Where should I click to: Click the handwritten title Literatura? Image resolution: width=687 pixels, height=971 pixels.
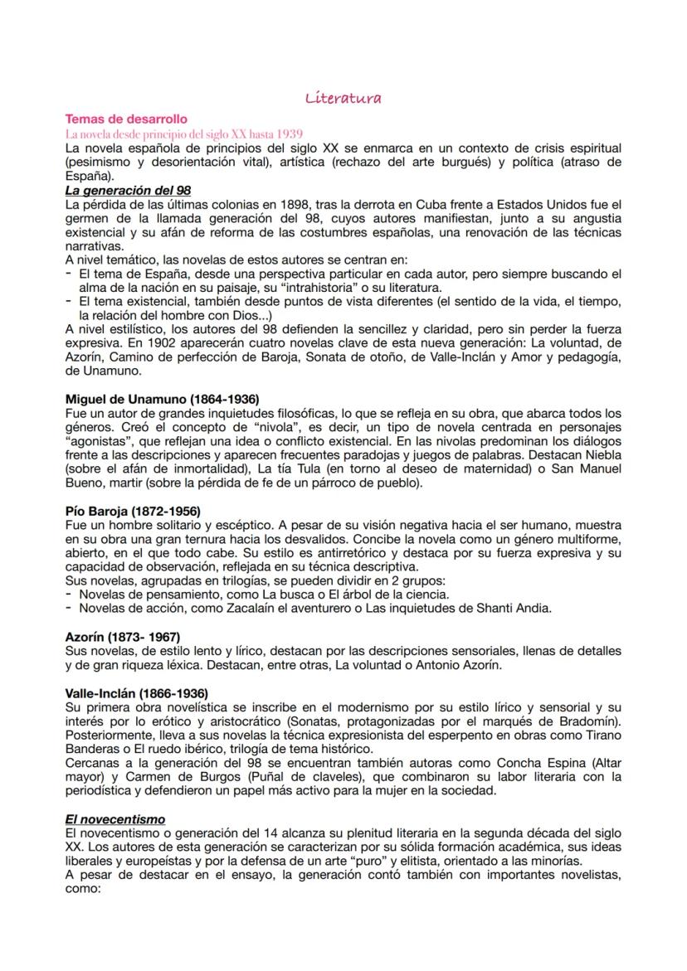tap(343, 99)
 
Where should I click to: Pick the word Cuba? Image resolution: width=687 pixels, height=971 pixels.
tap(432, 204)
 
